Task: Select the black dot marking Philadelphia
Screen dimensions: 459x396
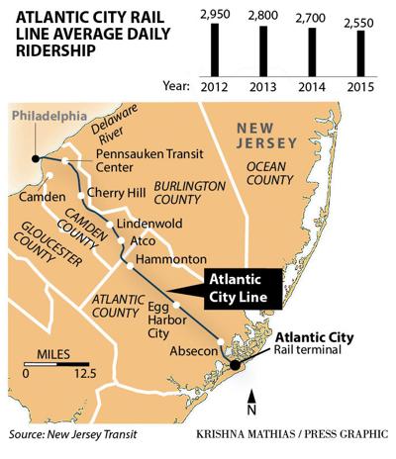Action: click(36, 156)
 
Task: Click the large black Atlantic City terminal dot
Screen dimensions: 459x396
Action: click(235, 365)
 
